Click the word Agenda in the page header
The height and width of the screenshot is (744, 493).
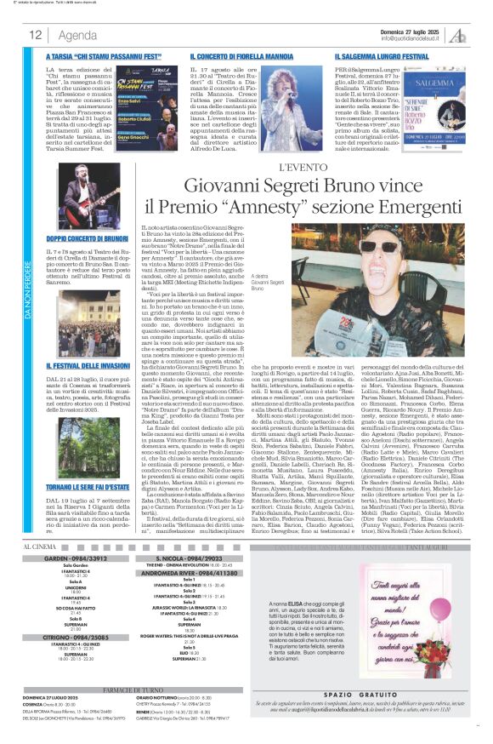[78, 35]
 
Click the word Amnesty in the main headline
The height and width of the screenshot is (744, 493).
[313, 205]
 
